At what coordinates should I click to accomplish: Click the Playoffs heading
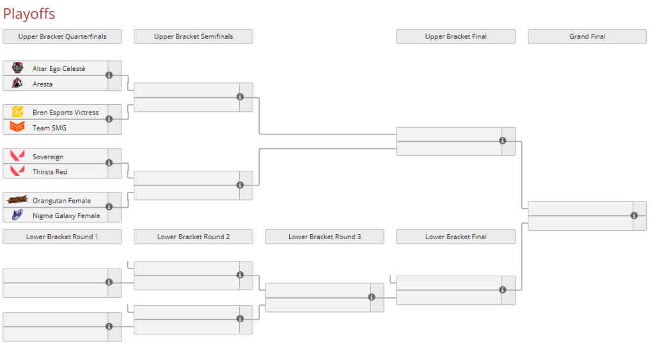29,13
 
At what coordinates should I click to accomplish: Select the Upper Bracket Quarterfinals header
62,36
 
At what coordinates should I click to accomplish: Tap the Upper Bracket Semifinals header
193,36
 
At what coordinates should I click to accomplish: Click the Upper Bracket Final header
455,36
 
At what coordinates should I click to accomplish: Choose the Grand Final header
587,36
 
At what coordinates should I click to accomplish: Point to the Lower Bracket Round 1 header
62,237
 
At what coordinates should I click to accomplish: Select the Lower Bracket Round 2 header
193,237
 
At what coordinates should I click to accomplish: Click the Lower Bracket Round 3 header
324,237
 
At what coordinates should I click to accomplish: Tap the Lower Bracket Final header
455,237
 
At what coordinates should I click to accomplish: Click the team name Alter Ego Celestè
59,68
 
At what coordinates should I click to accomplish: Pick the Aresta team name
43,84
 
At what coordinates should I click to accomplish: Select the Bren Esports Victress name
65,113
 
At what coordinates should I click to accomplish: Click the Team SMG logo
17,128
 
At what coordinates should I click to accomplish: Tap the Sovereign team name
48,157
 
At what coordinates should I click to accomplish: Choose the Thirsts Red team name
50,171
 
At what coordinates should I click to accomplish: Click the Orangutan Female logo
17,200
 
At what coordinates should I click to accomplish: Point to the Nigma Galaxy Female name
66,215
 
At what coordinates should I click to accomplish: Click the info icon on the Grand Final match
634,215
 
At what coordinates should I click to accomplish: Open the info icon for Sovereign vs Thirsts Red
109,163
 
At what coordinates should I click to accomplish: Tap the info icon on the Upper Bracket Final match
503,141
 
